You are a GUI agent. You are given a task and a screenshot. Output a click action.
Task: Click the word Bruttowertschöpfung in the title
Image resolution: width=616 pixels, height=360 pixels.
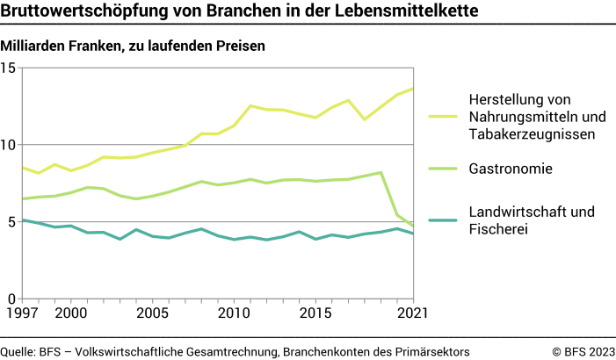coord(78,12)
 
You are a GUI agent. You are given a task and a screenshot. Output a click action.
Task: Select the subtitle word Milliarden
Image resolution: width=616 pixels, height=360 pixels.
coord(34,46)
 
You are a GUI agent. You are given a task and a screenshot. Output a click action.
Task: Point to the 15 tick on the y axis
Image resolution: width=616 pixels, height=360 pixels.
coord(8,68)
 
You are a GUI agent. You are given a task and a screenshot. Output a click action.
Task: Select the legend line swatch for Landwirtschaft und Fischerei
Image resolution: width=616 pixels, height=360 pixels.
coord(444,220)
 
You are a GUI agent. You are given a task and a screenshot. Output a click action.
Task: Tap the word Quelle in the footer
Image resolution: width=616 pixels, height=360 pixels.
coord(18,351)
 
